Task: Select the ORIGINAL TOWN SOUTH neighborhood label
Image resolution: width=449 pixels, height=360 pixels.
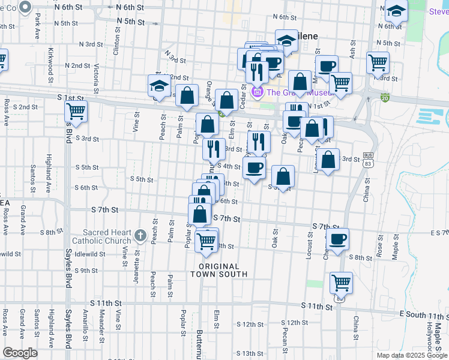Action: (x=219, y=270)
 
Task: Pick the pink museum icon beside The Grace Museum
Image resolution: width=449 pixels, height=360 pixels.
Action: (x=259, y=92)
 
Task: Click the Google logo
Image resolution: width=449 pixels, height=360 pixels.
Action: (x=20, y=353)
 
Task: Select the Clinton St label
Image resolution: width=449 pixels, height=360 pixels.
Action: (x=122, y=38)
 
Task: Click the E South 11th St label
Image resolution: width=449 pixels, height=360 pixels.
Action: (x=423, y=314)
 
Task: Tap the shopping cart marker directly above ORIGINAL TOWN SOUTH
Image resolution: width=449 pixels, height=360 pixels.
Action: (x=206, y=241)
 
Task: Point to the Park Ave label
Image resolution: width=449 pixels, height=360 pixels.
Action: (x=37, y=27)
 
